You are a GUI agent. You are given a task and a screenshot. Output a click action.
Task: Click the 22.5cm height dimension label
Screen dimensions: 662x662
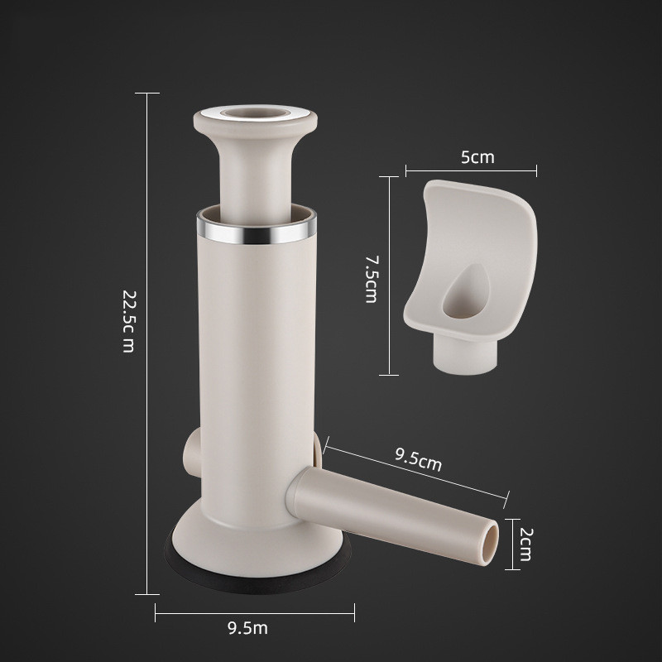(127, 321)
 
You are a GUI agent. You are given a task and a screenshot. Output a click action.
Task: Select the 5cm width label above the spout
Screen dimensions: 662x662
(477, 157)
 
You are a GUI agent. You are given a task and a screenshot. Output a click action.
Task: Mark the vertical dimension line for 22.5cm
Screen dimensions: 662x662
(147, 343)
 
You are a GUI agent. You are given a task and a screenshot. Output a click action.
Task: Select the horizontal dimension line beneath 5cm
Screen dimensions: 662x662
(471, 171)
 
